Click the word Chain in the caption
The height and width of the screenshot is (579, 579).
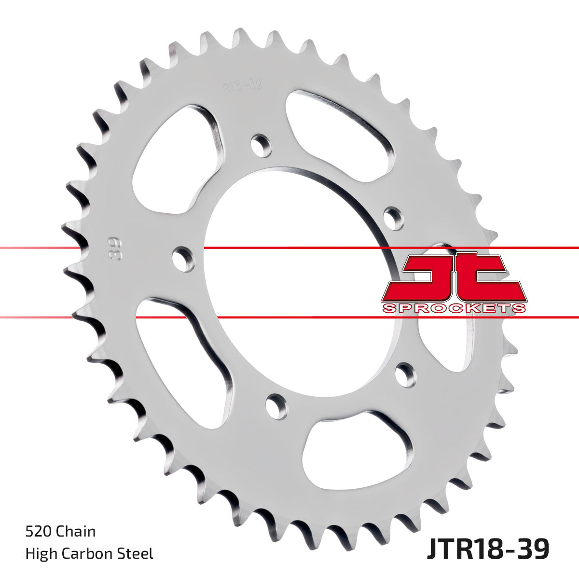pos(76,531)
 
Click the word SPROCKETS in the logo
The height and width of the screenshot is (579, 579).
pos(454,308)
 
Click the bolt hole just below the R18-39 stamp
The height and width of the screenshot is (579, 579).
pos(261,144)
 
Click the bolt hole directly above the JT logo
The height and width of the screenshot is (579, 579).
pos(394,218)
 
